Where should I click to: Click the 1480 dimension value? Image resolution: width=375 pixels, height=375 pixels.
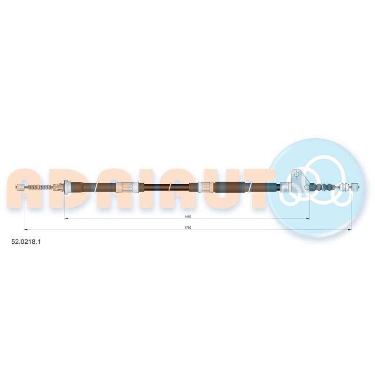coord(188,217)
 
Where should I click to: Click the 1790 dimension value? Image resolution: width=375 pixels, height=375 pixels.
coord(188,228)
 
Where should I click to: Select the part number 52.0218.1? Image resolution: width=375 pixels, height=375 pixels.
coord(26,242)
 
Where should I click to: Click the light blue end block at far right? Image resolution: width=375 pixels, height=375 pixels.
coord(355,187)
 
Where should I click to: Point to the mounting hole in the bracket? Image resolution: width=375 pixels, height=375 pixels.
coord(297,174)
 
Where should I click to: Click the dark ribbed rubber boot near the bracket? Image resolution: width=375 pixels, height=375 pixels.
coord(321,187)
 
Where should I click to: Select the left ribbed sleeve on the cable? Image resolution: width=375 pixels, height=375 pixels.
coord(127,187)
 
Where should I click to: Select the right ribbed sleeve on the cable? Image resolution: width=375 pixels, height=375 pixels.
coord(206,187)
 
